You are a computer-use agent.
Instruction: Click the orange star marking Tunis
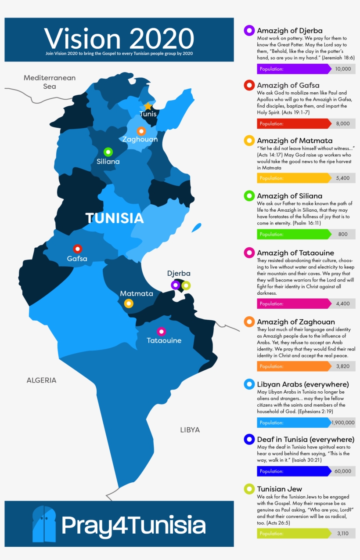[148, 106]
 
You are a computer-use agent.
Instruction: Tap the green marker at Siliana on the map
[108, 152]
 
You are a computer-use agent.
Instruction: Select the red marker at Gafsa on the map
[77, 249]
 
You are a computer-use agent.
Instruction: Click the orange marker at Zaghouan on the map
[141, 130]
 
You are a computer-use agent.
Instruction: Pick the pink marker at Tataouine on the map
[162, 331]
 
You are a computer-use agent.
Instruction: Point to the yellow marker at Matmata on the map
[129, 303]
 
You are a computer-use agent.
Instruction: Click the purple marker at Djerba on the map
[176, 285]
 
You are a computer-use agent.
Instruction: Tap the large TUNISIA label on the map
[115, 218]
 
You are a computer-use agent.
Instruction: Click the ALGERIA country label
[41, 380]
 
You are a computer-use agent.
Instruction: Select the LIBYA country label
[190, 430]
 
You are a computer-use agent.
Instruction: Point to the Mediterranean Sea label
[50, 82]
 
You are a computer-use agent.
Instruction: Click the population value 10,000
[343, 69]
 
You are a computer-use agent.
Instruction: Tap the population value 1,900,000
[343, 423]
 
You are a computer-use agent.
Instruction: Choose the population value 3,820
[343, 366]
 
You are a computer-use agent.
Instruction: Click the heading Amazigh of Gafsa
[288, 85]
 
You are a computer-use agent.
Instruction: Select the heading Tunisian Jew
[280, 489]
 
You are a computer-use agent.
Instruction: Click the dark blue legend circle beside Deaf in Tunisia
[249, 439]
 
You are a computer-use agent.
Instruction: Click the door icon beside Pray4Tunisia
[44, 524]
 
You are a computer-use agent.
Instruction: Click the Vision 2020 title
[119, 39]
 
